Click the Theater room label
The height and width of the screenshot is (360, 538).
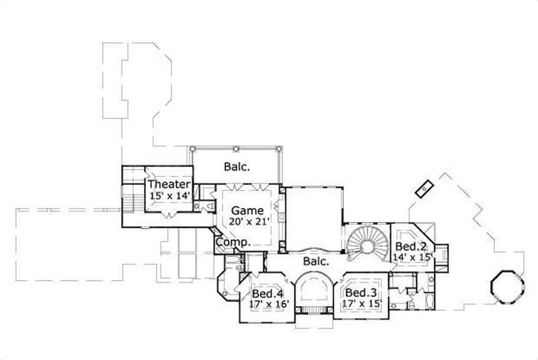tap(169, 184)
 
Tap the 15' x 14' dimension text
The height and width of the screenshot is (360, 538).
tap(169, 196)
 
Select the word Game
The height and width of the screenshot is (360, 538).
tap(247, 211)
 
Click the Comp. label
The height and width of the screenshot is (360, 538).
tap(233, 242)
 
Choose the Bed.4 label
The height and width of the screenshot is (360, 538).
tap(268, 293)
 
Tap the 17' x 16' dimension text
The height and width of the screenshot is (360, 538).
tap(268, 305)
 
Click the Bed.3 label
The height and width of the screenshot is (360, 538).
tap(360, 293)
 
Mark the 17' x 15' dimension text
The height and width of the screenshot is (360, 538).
tap(362, 304)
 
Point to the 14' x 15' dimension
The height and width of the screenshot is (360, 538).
tap(412, 256)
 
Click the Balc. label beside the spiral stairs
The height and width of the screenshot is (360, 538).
tap(315, 260)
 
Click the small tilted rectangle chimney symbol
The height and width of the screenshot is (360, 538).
tap(424, 188)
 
